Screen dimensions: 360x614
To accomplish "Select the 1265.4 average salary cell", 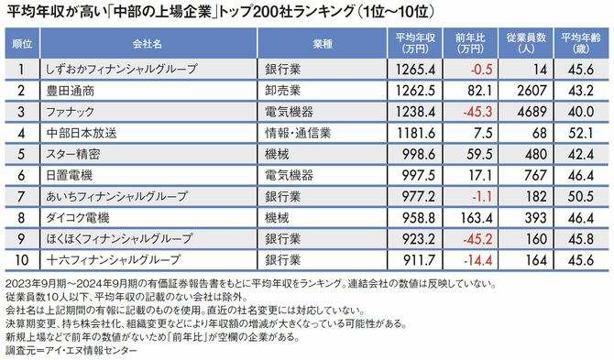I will pyautogui.click(x=411, y=67).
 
